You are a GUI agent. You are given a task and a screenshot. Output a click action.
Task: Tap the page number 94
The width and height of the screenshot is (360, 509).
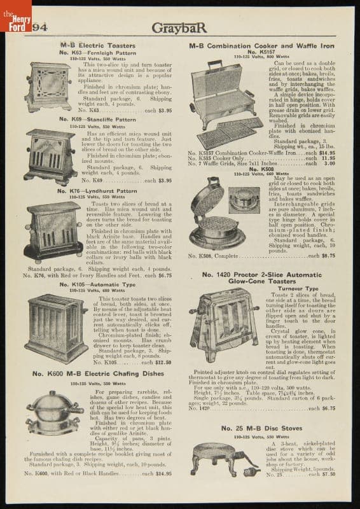39,26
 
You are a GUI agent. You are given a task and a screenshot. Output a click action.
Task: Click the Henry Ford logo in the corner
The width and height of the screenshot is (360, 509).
14,19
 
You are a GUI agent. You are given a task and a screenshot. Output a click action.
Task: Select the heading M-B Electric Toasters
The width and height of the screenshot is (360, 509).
89,46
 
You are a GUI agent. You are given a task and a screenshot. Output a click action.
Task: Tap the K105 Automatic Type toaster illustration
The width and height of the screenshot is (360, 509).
56,328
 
